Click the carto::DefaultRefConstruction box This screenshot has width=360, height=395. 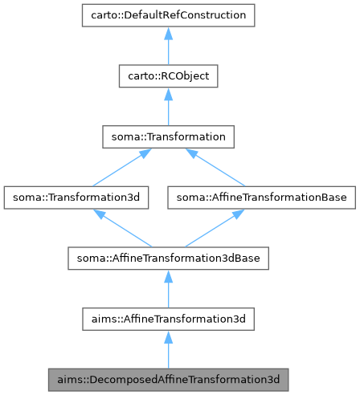(x=168, y=15)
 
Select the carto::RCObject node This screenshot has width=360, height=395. (x=168, y=76)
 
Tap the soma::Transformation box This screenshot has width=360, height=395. (x=168, y=137)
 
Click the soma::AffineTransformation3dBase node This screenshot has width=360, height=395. (x=168, y=259)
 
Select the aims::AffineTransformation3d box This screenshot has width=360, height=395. (x=168, y=319)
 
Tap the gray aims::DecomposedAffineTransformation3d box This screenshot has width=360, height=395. (x=168, y=377)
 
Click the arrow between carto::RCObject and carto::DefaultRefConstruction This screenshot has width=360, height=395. (x=168, y=48)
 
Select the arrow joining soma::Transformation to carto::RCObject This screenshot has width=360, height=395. (x=168, y=108)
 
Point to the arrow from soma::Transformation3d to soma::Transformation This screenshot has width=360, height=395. (x=121, y=168)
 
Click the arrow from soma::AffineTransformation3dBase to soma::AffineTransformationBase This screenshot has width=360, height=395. (x=213, y=228)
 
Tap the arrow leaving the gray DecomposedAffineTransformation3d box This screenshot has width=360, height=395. (x=168, y=351)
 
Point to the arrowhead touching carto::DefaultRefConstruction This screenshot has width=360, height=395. (x=168, y=34)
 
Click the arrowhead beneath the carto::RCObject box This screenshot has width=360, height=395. (x=168, y=95)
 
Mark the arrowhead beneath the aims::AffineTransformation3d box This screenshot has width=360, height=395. (x=168, y=337)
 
